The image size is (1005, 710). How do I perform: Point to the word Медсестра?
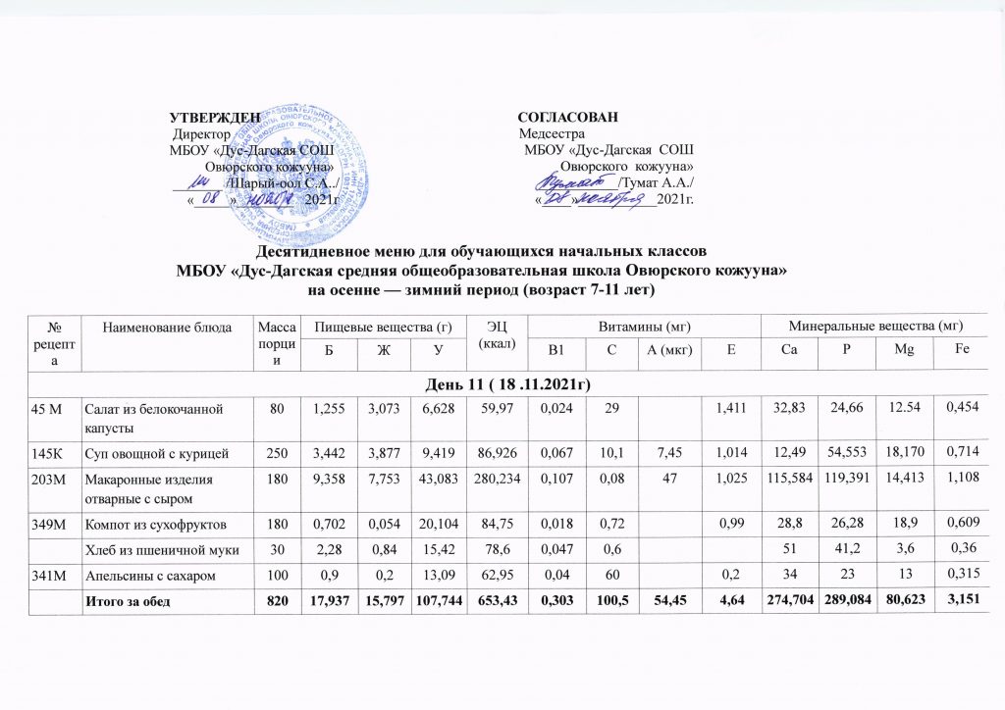pyautogui.click(x=552, y=132)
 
